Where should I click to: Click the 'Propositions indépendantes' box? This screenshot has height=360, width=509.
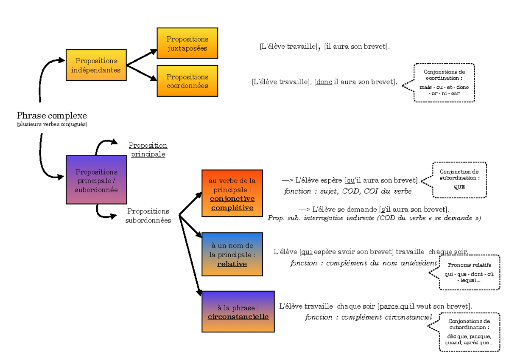point(96,65)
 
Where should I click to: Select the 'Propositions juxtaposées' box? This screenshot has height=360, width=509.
point(187,43)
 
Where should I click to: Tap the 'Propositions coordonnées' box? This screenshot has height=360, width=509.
point(187,81)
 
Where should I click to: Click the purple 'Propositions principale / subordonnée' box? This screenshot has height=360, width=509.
point(96,180)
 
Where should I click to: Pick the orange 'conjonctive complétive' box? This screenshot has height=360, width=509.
point(232,193)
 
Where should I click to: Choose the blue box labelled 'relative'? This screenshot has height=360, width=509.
point(232,254)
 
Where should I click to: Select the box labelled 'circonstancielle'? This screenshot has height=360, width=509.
point(238,312)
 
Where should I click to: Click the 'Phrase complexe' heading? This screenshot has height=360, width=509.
point(52,115)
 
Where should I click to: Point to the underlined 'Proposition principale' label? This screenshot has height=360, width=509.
point(148,150)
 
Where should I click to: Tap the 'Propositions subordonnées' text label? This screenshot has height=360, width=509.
point(148,216)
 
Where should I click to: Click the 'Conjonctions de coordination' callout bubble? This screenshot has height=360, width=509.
point(445,83)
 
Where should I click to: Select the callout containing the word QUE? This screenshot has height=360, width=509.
point(459,180)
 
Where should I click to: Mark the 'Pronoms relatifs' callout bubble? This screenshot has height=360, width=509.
point(469,272)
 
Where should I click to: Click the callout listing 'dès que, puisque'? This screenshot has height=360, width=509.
point(469,332)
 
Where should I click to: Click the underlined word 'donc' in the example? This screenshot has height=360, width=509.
point(324,82)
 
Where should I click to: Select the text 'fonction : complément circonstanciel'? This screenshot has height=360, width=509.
point(368,317)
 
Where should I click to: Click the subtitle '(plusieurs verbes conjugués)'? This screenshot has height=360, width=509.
point(52,124)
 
